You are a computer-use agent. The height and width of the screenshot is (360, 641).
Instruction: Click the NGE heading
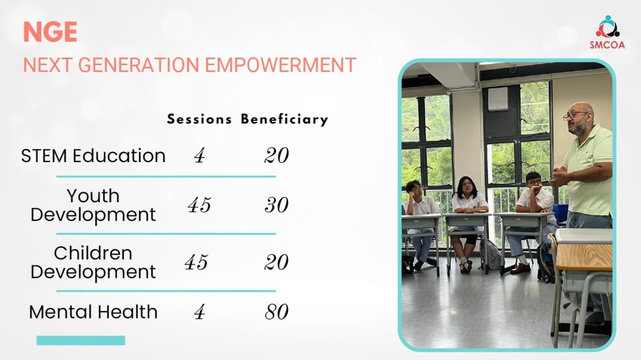(50, 32)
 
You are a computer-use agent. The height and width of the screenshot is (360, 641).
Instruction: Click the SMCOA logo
(607, 33)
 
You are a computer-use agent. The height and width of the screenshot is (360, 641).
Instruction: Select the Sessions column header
(199, 119)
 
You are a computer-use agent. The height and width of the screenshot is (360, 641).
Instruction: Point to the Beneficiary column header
(285, 119)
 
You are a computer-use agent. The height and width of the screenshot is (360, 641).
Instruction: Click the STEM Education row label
(93, 156)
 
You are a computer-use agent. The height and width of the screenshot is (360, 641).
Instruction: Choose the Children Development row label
(93, 263)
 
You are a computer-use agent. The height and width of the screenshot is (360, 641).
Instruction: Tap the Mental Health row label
(93, 312)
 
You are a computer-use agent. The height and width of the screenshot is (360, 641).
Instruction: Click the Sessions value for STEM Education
(199, 156)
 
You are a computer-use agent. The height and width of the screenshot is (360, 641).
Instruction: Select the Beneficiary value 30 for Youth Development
(276, 205)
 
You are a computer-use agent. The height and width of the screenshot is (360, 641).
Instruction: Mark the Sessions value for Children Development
(196, 262)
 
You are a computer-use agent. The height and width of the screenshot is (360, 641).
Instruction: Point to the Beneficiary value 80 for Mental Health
(276, 312)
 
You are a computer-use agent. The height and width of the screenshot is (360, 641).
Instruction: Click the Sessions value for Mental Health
(199, 312)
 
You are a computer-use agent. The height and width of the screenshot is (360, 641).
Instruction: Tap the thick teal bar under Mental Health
(81, 341)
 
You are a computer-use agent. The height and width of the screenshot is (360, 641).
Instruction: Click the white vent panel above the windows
(498, 98)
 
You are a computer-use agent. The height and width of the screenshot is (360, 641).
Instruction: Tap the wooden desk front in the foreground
(584, 257)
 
